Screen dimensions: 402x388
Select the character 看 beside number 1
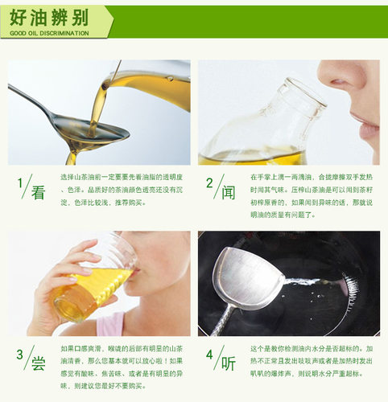[38, 193]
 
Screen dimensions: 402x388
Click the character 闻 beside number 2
[229, 193]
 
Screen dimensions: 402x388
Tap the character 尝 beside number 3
[38, 363]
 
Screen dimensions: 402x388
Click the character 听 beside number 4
[229, 363]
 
